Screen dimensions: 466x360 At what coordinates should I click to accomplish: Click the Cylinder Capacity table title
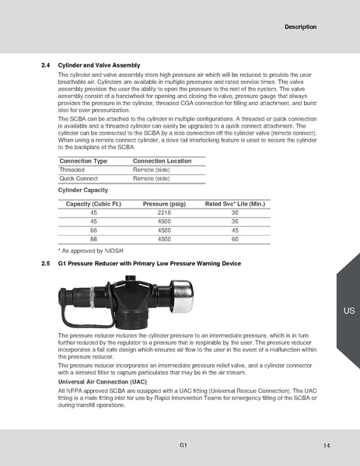[83, 189]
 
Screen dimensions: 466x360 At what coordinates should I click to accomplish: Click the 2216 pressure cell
[164, 212]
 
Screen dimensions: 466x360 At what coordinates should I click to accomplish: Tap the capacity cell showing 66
[94, 230]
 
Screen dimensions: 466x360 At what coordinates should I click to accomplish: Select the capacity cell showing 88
[94, 240]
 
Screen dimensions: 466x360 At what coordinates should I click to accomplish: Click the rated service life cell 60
[235, 240]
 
